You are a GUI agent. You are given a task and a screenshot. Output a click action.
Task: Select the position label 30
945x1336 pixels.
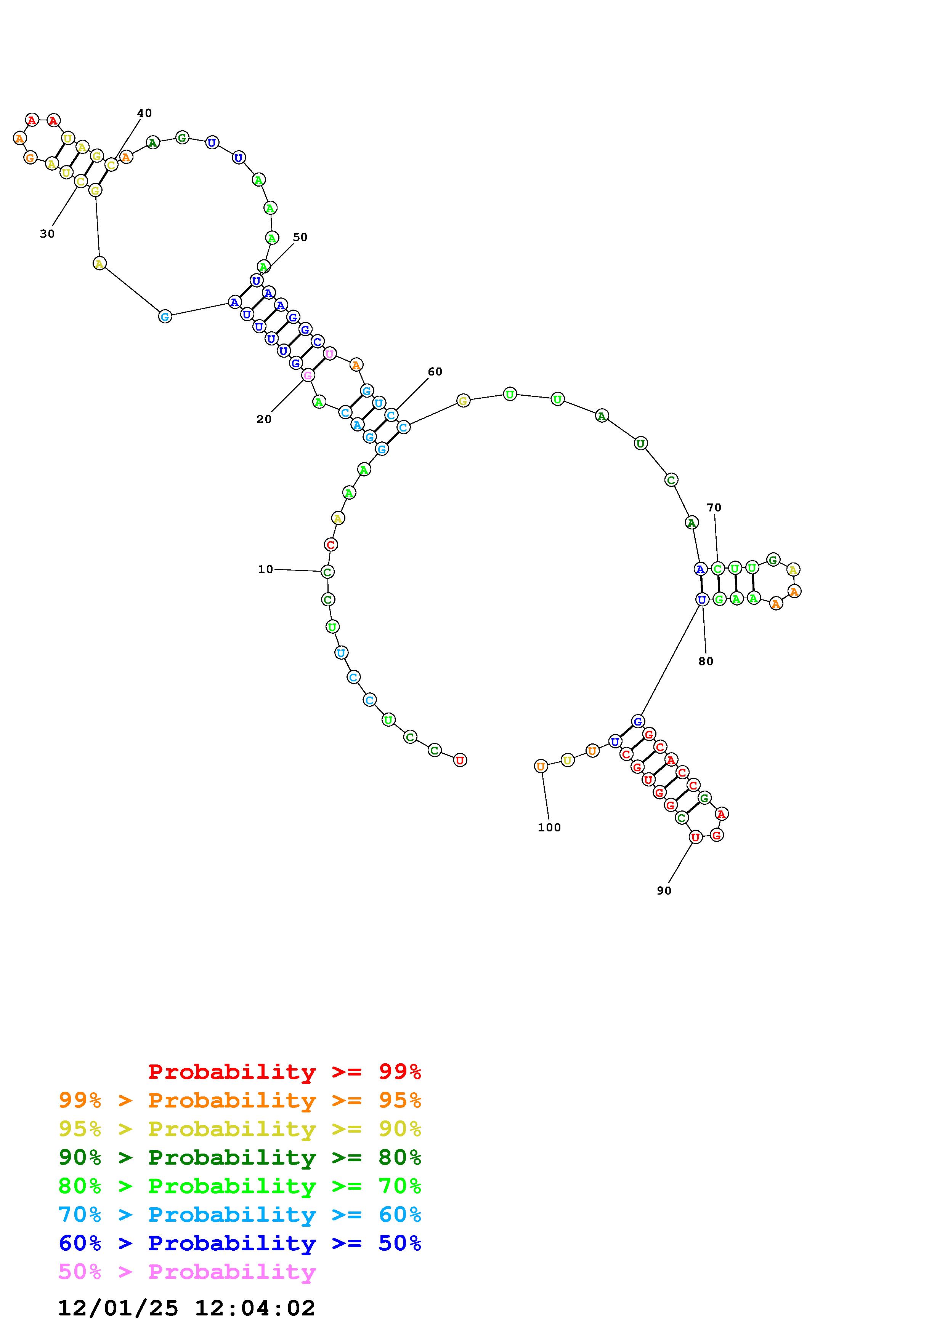(x=47, y=233)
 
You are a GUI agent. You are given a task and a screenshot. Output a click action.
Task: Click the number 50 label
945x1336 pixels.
(x=300, y=237)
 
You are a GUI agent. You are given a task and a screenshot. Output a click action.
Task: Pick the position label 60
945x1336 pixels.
(x=435, y=371)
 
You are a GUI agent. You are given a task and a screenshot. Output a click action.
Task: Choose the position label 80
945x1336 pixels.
(x=706, y=661)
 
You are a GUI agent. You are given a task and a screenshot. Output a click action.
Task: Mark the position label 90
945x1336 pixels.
(x=664, y=890)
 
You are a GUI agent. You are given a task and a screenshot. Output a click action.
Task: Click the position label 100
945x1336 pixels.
(x=549, y=828)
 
